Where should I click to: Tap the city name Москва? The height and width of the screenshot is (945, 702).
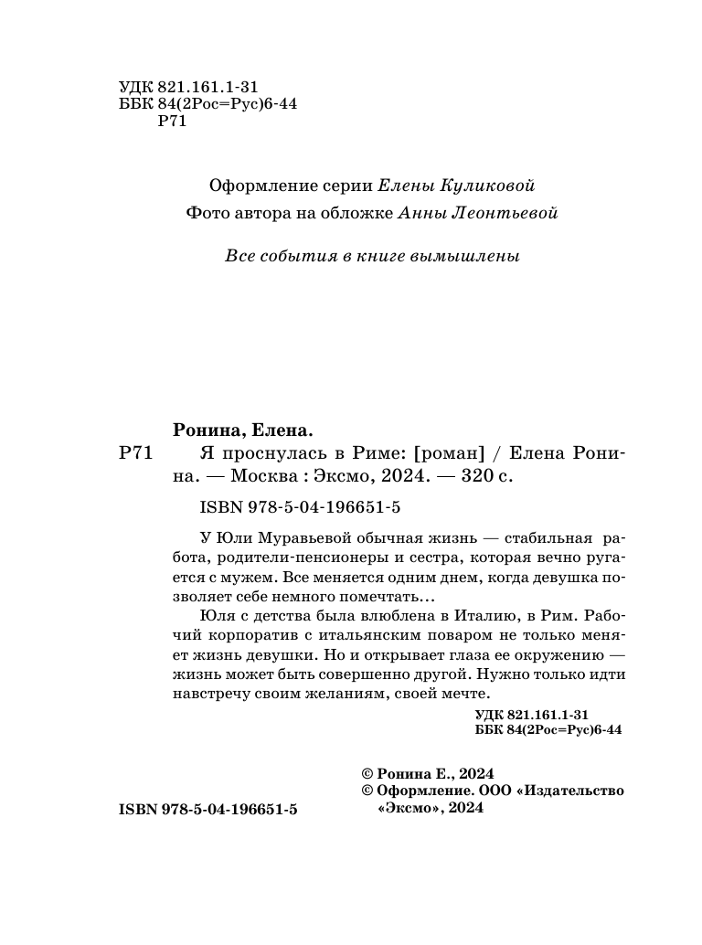(x=263, y=476)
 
